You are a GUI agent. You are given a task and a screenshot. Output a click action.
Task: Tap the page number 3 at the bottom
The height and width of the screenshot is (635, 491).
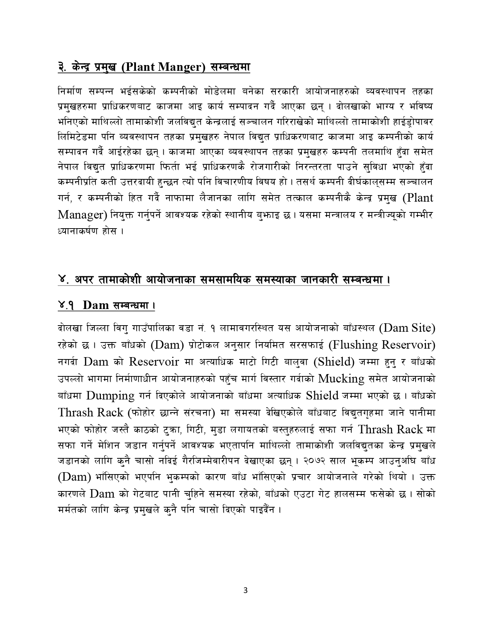(245, 591)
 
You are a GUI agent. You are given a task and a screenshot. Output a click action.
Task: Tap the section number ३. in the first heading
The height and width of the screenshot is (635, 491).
(61, 67)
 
